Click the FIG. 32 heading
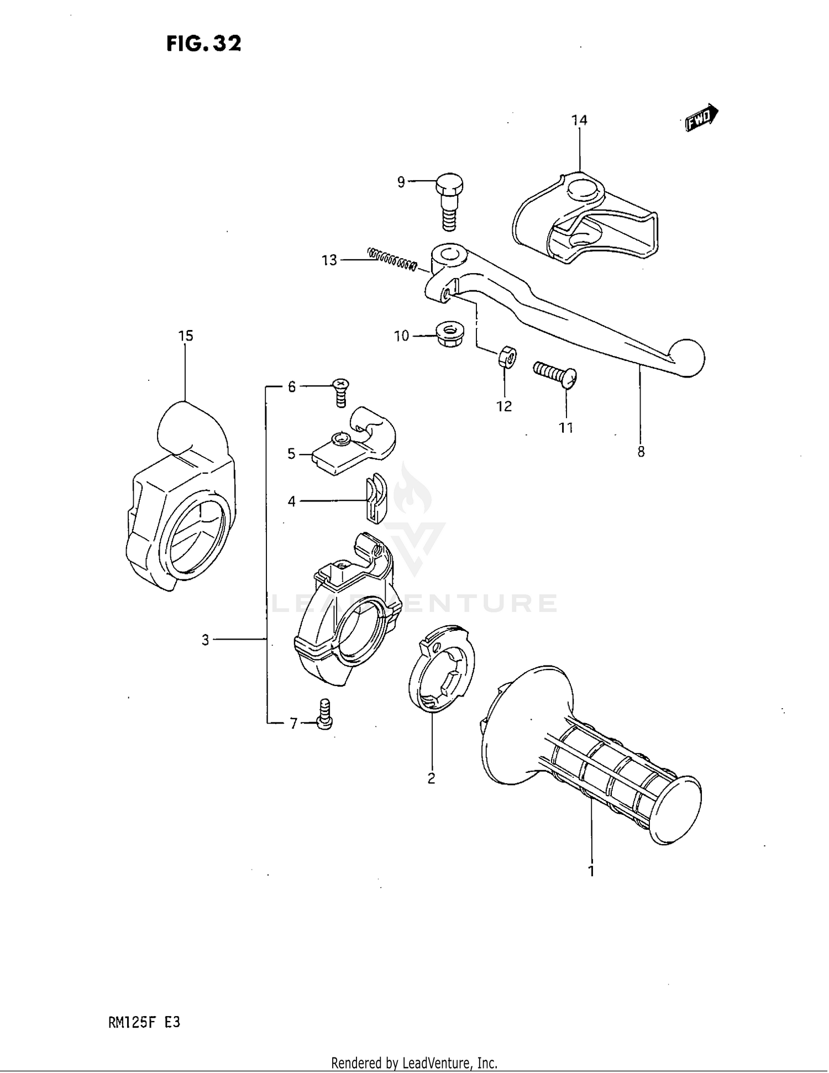click(x=204, y=43)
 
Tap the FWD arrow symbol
click(x=701, y=118)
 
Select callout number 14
click(x=579, y=121)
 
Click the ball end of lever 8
click(x=686, y=358)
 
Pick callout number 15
click(x=186, y=336)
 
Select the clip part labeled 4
click(x=376, y=497)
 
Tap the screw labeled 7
click(x=325, y=714)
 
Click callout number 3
click(x=206, y=640)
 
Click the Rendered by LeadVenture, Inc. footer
click(x=414, y=1062)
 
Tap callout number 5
click(x=291, y=454)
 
